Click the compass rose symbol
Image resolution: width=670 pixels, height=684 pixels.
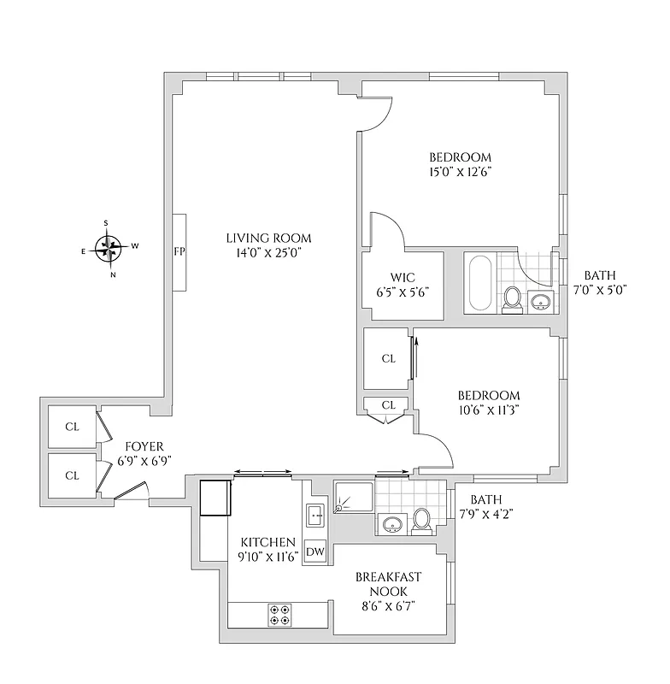pos(108,249)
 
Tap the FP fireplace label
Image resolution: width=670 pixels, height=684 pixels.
pos(179,251)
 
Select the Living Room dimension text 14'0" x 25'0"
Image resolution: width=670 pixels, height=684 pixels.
pos(268,252)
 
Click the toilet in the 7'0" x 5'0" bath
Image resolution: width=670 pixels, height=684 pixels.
pos(512,299)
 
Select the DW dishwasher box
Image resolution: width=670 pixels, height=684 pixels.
pos(315,551)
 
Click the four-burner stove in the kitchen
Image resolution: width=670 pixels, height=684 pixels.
pos(279,615)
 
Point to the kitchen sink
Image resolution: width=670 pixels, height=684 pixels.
pos(314,516)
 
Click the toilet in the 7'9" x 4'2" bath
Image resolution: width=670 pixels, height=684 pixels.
pos(421,519)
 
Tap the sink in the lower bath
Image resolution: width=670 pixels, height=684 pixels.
pos(394,523)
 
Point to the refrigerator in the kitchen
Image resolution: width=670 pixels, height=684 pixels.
pos(215,498)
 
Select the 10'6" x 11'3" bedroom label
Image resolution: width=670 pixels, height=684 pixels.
pos(489,401)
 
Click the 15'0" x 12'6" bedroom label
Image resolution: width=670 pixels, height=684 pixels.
pos(460,164)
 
